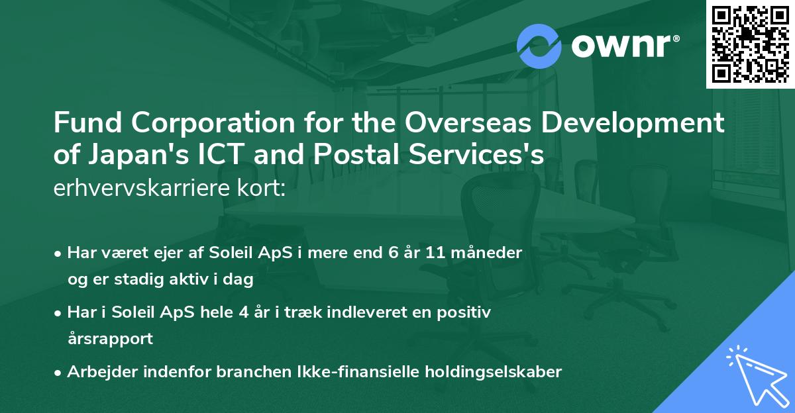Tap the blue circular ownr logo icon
(x=539, y=46)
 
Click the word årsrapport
(x=110, y=339)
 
